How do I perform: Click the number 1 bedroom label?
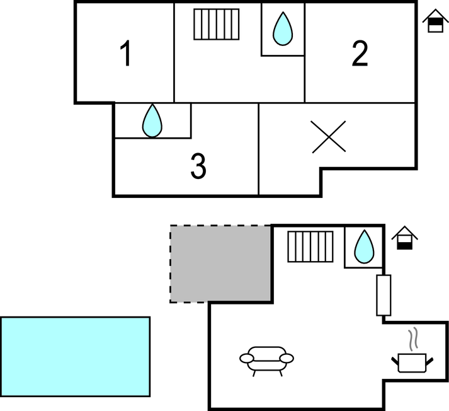127,54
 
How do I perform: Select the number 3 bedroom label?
198,166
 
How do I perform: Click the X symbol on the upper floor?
329,137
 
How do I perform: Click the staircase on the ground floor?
310,246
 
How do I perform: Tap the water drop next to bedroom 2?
283,28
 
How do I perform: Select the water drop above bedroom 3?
152,121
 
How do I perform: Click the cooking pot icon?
413,362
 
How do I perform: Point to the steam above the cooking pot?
414,340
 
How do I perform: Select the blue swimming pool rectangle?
76,356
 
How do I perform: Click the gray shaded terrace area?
221,263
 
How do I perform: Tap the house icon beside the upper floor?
434,21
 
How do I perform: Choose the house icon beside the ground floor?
405,238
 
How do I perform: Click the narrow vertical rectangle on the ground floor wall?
384,295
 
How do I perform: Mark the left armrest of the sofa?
246,358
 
